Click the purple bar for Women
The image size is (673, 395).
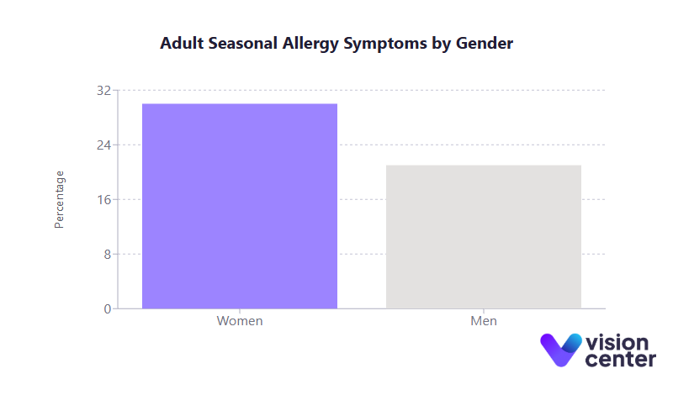coord(240,206)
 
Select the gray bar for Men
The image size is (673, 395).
coord(484,237)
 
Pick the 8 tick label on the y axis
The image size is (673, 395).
coord(107,254)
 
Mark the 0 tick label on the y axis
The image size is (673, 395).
coord(107,308)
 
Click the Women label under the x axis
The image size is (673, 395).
coord(240,321)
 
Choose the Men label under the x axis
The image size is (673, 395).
coord(484,321)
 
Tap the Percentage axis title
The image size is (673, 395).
coord(59,199)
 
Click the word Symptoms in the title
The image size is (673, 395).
coord(384,43)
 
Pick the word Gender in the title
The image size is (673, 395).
coord(484,43)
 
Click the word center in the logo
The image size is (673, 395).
coord(620,360)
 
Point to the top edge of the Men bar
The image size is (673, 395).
coord(484,166)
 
